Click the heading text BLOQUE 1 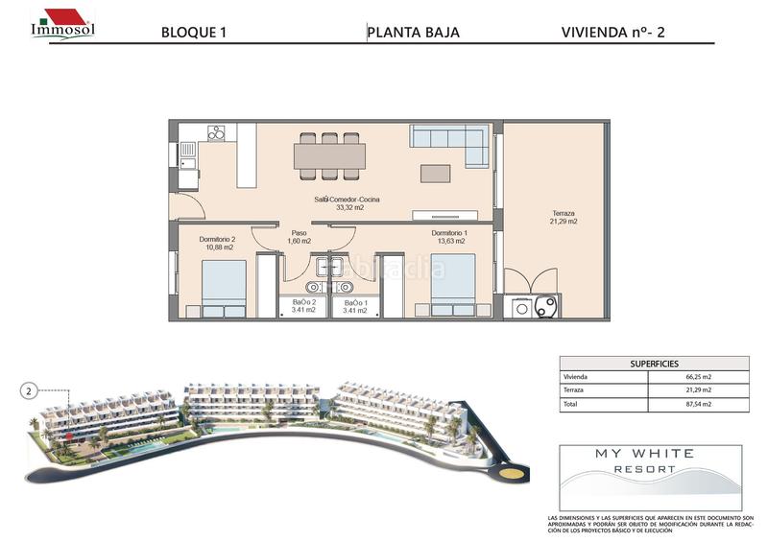coord(195,32)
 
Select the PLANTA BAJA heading coord(414,32)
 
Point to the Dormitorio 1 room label coord(449,238)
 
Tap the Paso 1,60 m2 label coord(299,237)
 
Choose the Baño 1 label coord(355,306)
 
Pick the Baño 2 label coord(305,306)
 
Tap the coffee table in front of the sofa coord(435,174)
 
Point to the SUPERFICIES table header coord(654,364)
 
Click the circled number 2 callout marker coord(29,390)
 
